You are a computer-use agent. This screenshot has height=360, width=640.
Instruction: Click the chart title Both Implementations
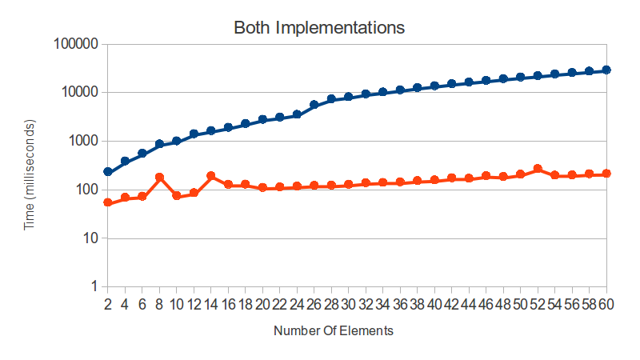tap(319, 27)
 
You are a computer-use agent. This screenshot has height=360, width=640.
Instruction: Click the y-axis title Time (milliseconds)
tap(30, 174)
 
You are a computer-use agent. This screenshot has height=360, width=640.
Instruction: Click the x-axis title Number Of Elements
tap(333, 330)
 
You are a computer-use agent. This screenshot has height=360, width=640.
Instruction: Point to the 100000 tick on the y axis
tap(74, 44)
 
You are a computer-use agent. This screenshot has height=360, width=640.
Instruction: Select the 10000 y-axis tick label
tap(78, 93)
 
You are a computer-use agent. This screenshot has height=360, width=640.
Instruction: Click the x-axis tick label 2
tap(107, 305)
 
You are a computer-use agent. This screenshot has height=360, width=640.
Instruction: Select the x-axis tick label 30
tap(349, 305)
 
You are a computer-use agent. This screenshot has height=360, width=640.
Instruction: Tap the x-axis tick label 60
tap(606, 305)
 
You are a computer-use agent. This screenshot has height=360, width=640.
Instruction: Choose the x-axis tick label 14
tap(210, 305)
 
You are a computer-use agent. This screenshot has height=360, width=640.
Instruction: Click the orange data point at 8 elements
tap(159, 177)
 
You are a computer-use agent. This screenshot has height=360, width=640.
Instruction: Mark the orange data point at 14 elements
tap(211, 175)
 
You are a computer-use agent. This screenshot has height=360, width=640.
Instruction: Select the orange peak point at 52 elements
tap(538, 169)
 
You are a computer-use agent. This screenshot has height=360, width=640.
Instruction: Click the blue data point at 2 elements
tap(107, 172)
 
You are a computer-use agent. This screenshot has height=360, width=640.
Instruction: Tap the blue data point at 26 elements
tap(314, 105)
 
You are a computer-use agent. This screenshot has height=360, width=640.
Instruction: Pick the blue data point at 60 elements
tap(606, 70)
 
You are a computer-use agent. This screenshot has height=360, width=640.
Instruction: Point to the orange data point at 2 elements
tap(107, 202)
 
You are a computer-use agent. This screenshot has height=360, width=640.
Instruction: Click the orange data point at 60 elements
tap(606, 174)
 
